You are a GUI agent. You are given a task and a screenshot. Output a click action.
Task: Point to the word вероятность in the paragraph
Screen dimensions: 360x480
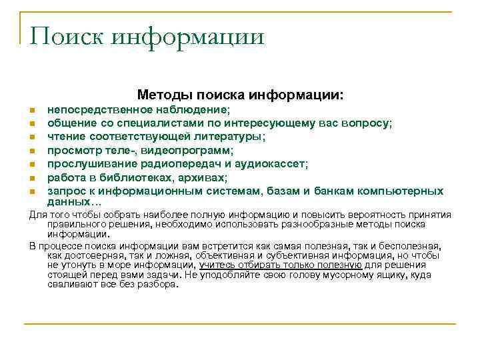pyautogui.click(x=383, y=214)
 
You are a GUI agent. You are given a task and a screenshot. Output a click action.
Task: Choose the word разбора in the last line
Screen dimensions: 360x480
pyautogui.click(x=161, y=284)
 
